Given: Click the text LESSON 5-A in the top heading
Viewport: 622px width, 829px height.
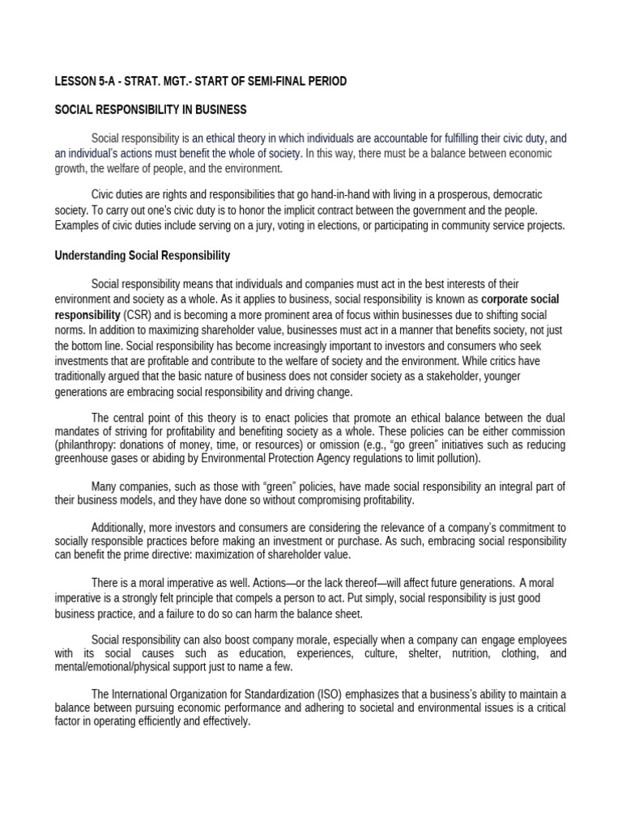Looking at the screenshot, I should coord(84,81).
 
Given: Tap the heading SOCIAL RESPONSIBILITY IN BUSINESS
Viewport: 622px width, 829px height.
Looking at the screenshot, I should coord(151,109).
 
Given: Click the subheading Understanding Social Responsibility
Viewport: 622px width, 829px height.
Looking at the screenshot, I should coord(143,256).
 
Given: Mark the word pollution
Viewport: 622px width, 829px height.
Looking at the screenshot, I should coord(456,458).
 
